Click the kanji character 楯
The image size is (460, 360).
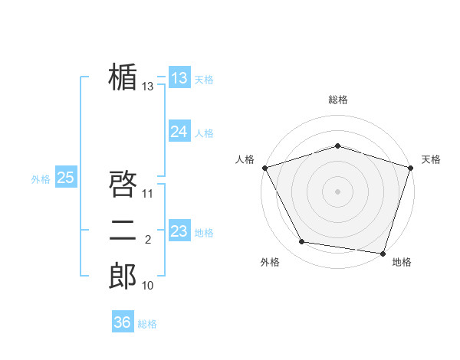(x=123, y=78)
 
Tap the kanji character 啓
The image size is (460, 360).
(x=123, y=185)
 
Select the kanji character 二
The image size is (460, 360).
(x=123, y=231)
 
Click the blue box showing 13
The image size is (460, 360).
(x=179, y=78)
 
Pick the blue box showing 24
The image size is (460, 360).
(x=179, y=132)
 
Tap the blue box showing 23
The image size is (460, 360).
(x=179, y=231)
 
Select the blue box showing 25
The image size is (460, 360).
(x=65, y=178)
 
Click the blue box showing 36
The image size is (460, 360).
(x=123, y=322)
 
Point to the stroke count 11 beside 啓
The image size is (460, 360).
(x=148, y=193)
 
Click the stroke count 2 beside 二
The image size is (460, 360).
(x=148, y=240)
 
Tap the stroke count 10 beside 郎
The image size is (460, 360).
(x=148, y=286)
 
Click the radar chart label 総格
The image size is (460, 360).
(x=338, y=100)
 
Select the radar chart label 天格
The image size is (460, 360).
(x=432, y=159)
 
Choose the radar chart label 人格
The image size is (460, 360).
(x=245, y=159)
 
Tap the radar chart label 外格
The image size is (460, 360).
(x=270, y=262)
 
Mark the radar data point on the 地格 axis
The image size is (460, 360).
(x=383, y=253)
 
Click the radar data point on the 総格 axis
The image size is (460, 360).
(x=338, y=146)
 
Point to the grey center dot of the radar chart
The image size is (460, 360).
(x=338, y=191)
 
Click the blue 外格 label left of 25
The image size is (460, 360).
(x=41, y=179)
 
